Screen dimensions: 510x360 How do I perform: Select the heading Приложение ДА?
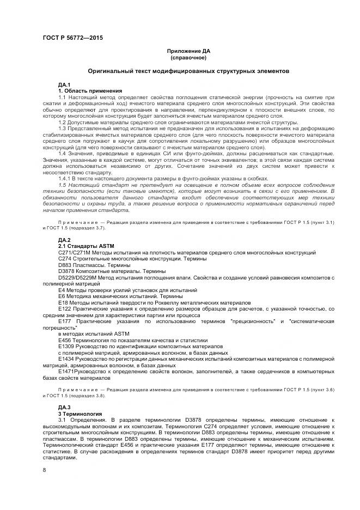click(188, 51)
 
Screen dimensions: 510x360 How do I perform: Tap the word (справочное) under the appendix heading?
click(188, 57)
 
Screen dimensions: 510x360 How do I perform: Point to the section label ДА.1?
click(64, 84)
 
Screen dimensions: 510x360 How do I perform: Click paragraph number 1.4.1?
click(65, 179)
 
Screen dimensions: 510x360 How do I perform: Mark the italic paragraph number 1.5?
click(63, 185)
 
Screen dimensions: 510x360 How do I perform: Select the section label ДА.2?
click(64, 240)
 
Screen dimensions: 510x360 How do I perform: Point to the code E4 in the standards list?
click(62, 289)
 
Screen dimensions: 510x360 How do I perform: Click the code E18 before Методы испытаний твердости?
click(63, 302)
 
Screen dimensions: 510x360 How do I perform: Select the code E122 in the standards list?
click(64, 308)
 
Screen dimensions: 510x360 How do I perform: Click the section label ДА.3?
click(64, 408)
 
